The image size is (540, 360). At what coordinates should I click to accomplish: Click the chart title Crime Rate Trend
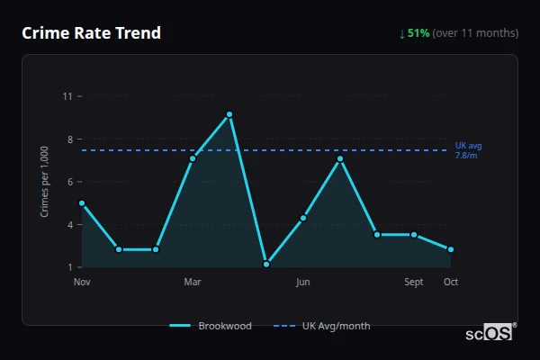click(91, 33)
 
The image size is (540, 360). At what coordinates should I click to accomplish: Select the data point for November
click(82, 202)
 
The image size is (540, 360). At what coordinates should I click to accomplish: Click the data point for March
click(193, 158)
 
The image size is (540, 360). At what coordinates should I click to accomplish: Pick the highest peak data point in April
click(229, 114)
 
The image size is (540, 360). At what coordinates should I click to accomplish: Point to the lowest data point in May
click(266, 265)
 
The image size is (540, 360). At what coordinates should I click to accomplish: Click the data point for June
click(303, 218)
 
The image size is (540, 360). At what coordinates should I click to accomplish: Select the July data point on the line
click(340, 158)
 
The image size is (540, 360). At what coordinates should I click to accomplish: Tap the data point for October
click(451, 249)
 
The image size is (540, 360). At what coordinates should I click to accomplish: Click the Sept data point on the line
click(414, 235)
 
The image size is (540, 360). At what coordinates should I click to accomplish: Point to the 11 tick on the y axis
click(67, 95)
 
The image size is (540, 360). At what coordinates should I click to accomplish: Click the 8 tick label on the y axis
click(68, 139)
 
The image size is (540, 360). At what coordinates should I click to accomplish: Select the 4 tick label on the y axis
click(68, 224)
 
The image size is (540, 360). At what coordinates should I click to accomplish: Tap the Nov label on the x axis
click(82, 282)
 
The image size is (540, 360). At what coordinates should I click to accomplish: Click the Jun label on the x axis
click(303, 282)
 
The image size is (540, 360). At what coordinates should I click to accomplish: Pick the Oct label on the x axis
click(451, 282)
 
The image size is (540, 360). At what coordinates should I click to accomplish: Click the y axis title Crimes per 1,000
click(44, 181)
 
